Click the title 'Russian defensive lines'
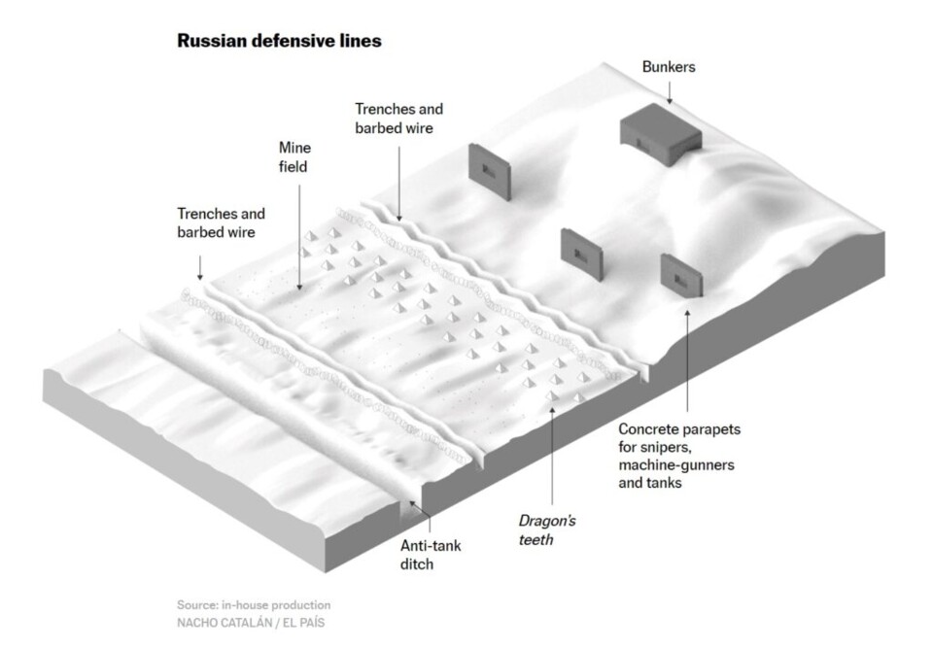click(278, 42)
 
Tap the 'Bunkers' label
click(669, 68)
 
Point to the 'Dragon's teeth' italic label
click(534, 530)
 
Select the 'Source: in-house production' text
click(254, 604)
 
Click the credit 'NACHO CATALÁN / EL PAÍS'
click(250, 623)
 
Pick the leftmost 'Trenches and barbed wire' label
click(221, 222)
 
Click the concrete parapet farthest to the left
click(488, 172)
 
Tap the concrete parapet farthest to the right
click(681, 275)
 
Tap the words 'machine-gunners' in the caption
click(675, 465)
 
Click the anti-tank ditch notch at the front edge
click(405, 503)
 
